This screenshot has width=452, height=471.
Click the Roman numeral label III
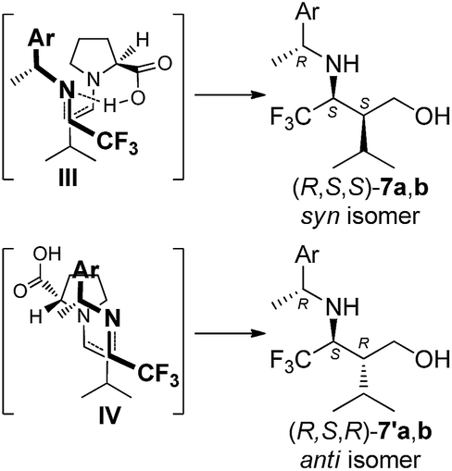pos(68,178)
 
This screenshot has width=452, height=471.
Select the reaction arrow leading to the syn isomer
pos(230,94)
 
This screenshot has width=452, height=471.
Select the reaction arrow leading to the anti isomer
pos(230,333)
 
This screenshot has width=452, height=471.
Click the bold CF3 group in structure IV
pos(158,375)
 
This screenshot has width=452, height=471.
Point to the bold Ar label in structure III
pos(41,39)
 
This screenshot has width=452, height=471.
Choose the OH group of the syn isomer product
pos(432,117)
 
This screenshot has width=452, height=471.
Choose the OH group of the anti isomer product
pos(432,359)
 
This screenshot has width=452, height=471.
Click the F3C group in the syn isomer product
pos(290,118)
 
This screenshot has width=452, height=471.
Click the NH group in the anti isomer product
pos(343,307)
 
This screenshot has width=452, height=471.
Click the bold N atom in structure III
pos(67,90)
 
